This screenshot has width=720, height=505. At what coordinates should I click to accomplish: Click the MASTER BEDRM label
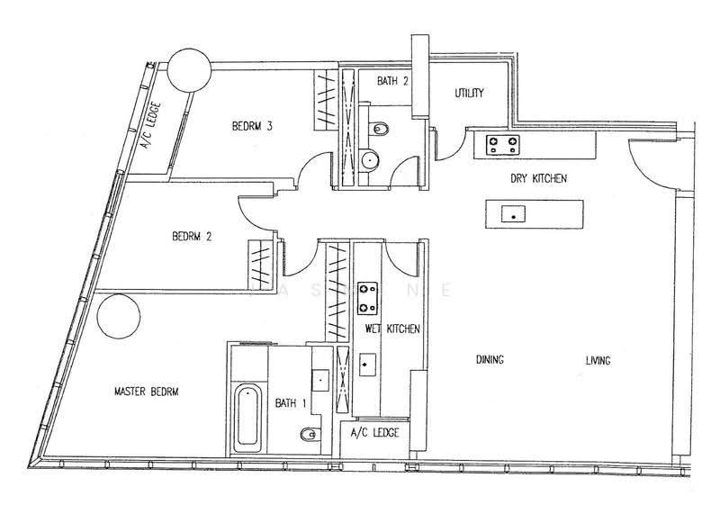[146, 392]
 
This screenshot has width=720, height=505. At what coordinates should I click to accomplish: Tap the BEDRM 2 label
[192, 237]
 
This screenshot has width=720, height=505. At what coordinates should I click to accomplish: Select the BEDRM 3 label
[252, 126]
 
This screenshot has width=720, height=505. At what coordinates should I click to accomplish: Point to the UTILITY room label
[469, 94]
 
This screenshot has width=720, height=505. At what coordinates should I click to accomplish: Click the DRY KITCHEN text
[538, 178]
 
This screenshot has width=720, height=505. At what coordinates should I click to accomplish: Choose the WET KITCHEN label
[392, 329]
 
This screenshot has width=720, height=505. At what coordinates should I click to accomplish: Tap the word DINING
[490, 359]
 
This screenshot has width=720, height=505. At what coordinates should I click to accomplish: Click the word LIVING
[598, 360]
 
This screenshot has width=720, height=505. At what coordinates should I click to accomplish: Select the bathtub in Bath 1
[247, 419]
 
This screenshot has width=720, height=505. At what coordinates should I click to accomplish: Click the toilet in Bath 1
[310, 433]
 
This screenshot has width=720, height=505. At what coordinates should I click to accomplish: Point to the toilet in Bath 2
[379, 129]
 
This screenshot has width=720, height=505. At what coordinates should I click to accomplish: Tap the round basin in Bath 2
[370, 160]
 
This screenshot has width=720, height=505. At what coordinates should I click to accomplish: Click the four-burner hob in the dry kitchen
[503, 145]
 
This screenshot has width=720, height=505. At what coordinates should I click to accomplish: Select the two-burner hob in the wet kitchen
[367, 298]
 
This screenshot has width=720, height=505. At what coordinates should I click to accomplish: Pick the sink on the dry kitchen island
[513, 214]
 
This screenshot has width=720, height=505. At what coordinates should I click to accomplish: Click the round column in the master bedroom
[119, 317]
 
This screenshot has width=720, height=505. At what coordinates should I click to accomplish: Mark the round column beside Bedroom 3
[189, 70]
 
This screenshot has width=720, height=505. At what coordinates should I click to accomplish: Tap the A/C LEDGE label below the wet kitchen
[374, 432]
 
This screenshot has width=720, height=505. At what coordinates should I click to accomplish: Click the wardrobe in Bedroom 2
[261, 265]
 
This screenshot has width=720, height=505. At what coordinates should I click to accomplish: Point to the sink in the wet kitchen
[367, 365]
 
